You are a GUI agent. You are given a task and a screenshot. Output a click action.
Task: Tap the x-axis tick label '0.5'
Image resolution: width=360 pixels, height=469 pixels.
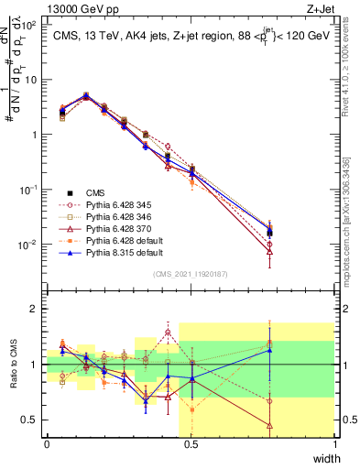point(191,443)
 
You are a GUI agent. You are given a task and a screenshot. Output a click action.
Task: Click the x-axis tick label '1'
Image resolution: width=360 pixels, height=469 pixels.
point(334,443)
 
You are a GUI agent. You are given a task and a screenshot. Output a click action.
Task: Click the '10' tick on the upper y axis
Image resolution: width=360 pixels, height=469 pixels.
point(31,79)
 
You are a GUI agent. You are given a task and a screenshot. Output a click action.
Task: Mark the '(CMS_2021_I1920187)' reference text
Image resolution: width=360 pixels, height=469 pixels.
point(191,274)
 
